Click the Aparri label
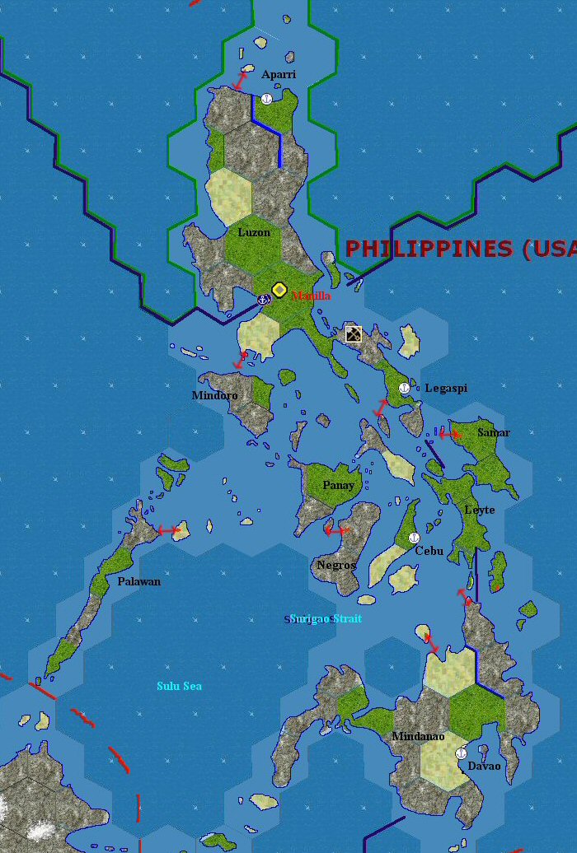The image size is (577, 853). click(x=279, y=75)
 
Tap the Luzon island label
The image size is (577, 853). click(x=254, y=232)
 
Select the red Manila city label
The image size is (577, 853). click(x=312, y=296)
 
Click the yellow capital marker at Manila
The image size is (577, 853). click(x=279, y=290)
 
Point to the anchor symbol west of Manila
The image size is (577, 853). click(x=264, y=299)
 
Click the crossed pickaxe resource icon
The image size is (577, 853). click(x=354, y=334)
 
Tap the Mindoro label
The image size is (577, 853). click(x=214, y=395)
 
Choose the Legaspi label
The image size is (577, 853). click(x=446, y=388)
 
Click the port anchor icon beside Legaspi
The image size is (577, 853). click(x=404, y=387)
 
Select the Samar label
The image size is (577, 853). click(x=494, y=432)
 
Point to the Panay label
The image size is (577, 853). click(x=338, y=485)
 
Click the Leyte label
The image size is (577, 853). click(x=480, y=510)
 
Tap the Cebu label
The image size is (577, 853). click(x=429, y=551)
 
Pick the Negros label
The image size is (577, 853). click(x=336, y=565)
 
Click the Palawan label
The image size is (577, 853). click(x=138, y=581)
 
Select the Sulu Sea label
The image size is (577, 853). click(x=179, y=686)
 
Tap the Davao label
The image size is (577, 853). click(x=484, y=766)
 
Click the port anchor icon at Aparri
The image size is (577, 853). click(x=266, y=99)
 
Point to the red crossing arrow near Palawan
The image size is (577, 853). click(x=169, y=530)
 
